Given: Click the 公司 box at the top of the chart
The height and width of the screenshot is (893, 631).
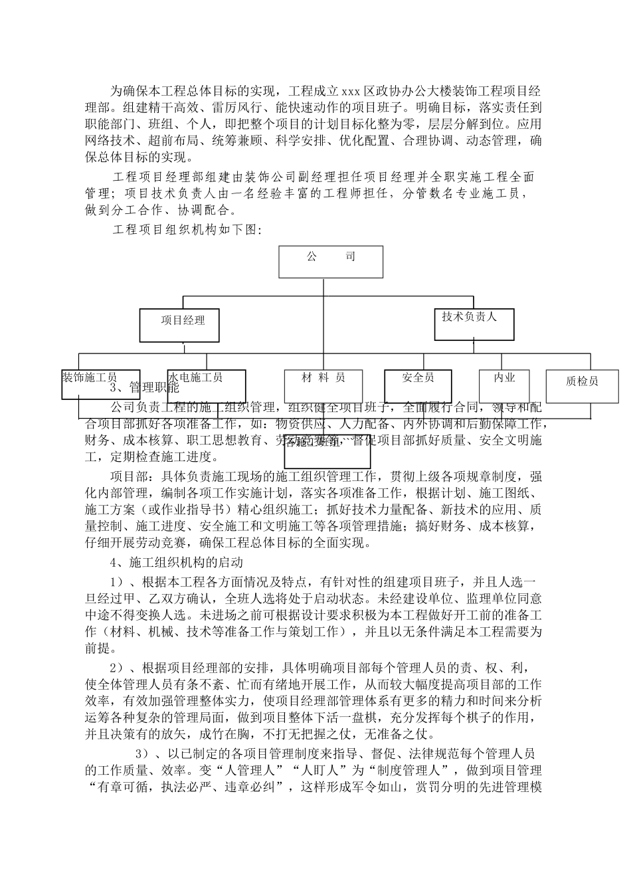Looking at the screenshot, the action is pos(331,261).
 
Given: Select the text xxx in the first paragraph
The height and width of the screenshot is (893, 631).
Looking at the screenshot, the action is pos(351,90).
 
